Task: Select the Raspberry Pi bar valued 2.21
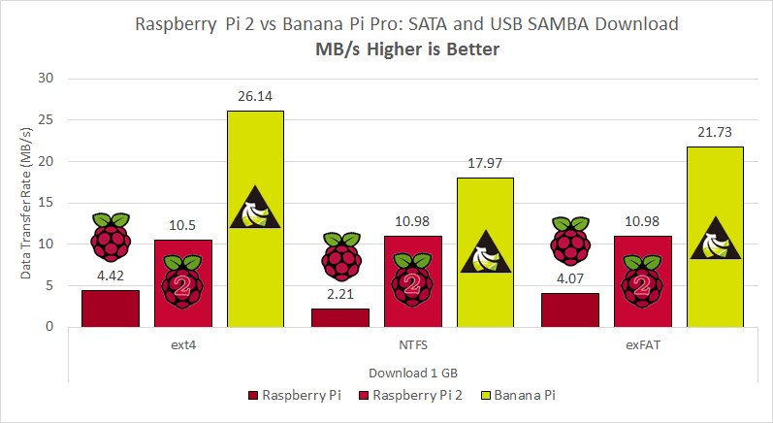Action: click(340, 317)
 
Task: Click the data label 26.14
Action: click(255, 96)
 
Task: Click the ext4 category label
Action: click(182, 342)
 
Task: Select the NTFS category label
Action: click(413, 342)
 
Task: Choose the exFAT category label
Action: click(642, 342)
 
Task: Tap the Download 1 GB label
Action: click(412, 373)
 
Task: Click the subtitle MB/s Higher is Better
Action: click(407, 49)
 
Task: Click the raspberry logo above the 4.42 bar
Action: click(110, 233)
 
